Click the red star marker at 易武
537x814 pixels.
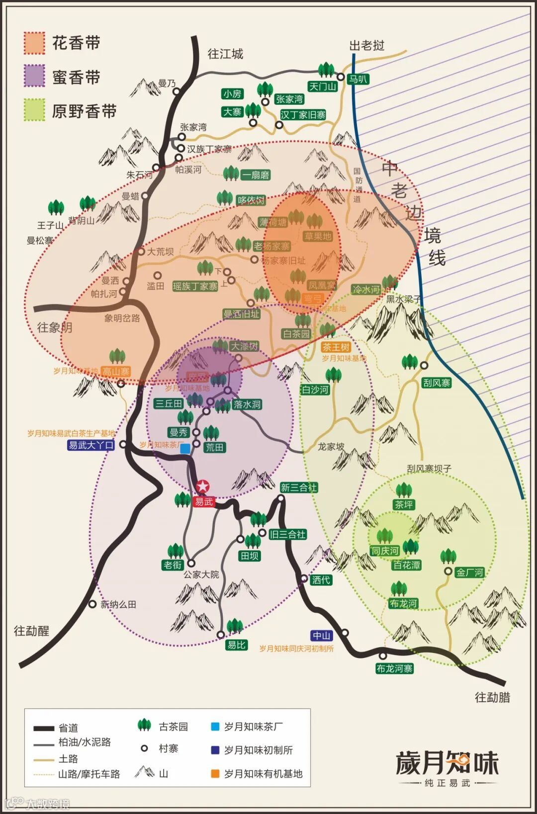pos(203,487)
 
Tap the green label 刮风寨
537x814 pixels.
pos(437,383)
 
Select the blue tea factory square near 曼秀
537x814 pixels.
pos(185,449)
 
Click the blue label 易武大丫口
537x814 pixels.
pos(91,445)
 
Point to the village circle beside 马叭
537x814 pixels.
pos(341,77)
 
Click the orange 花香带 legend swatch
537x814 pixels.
pos(34,43)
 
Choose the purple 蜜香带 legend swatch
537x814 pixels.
pos(34,77)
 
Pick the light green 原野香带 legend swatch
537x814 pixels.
pos(34,110)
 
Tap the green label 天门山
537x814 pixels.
pos(323,86)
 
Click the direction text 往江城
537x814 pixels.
pos(225,54)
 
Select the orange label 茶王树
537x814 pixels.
pos(336,347)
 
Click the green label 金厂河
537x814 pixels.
pos(470,572)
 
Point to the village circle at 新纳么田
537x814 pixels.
pos(92,604)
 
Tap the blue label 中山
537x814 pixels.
pos(321,636)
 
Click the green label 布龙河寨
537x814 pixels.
pos(394,668)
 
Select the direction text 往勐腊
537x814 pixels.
pos(492,697)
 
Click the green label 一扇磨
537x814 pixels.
pos(256,175)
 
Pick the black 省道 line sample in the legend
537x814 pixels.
pos(44,728)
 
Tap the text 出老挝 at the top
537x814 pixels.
pos(367,46)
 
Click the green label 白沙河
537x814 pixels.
pos(315,390)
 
